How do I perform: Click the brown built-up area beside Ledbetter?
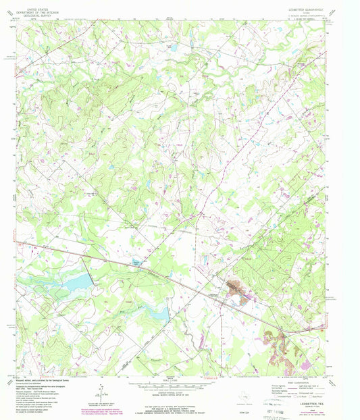tap(237, 289)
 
